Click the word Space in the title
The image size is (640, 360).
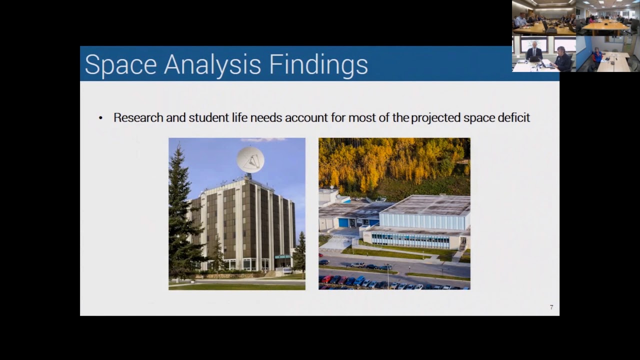[120, 65]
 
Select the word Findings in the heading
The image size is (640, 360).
[318, 65]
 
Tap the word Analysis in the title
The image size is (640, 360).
[212, 65]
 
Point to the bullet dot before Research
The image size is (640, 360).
[100, 118]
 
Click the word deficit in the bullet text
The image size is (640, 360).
[513, 118]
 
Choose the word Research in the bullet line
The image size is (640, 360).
[138, 118]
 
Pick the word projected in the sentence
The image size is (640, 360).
[435, 118]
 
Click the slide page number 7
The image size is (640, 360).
[551, 307]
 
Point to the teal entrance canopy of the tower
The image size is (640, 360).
[282, 256]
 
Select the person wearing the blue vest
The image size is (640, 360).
[597, 55]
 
